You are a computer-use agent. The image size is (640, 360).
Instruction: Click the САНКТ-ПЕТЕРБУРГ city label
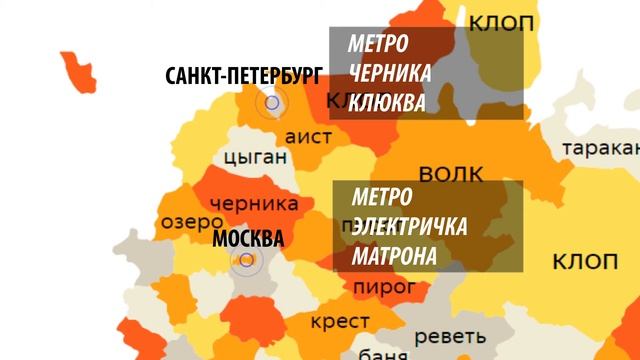245,76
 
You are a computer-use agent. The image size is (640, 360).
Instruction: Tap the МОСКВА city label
248,239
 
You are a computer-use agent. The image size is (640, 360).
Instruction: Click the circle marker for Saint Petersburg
271,101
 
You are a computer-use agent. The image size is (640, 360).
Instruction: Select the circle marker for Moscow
246,262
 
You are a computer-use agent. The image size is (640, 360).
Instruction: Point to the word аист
308,133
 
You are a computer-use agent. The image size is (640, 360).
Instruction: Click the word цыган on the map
256,157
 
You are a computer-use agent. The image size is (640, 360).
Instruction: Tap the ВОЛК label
451,175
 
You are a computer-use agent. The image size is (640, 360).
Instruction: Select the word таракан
600,149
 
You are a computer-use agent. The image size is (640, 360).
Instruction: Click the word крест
340,321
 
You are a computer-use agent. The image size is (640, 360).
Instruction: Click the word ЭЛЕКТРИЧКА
409,227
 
